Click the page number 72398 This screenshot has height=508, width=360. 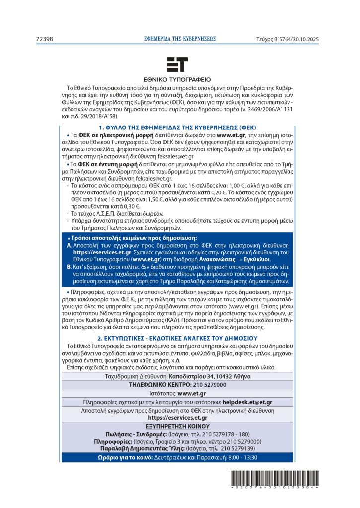click(45, 38)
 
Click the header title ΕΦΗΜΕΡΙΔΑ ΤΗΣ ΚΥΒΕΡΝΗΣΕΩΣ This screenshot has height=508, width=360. click(179, 38)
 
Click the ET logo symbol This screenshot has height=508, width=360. click(177, 65)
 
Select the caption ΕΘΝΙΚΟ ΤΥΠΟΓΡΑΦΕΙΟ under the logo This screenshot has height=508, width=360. click(177, 79)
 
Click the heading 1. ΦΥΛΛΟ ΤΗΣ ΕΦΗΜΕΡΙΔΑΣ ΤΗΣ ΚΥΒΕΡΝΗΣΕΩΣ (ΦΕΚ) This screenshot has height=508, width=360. click(177, 127)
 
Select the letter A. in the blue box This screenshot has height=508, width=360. click(69, 246)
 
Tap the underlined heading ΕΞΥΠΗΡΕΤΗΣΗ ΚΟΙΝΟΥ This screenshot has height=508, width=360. click(177, 426)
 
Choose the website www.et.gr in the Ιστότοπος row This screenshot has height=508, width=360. click(192, 393)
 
